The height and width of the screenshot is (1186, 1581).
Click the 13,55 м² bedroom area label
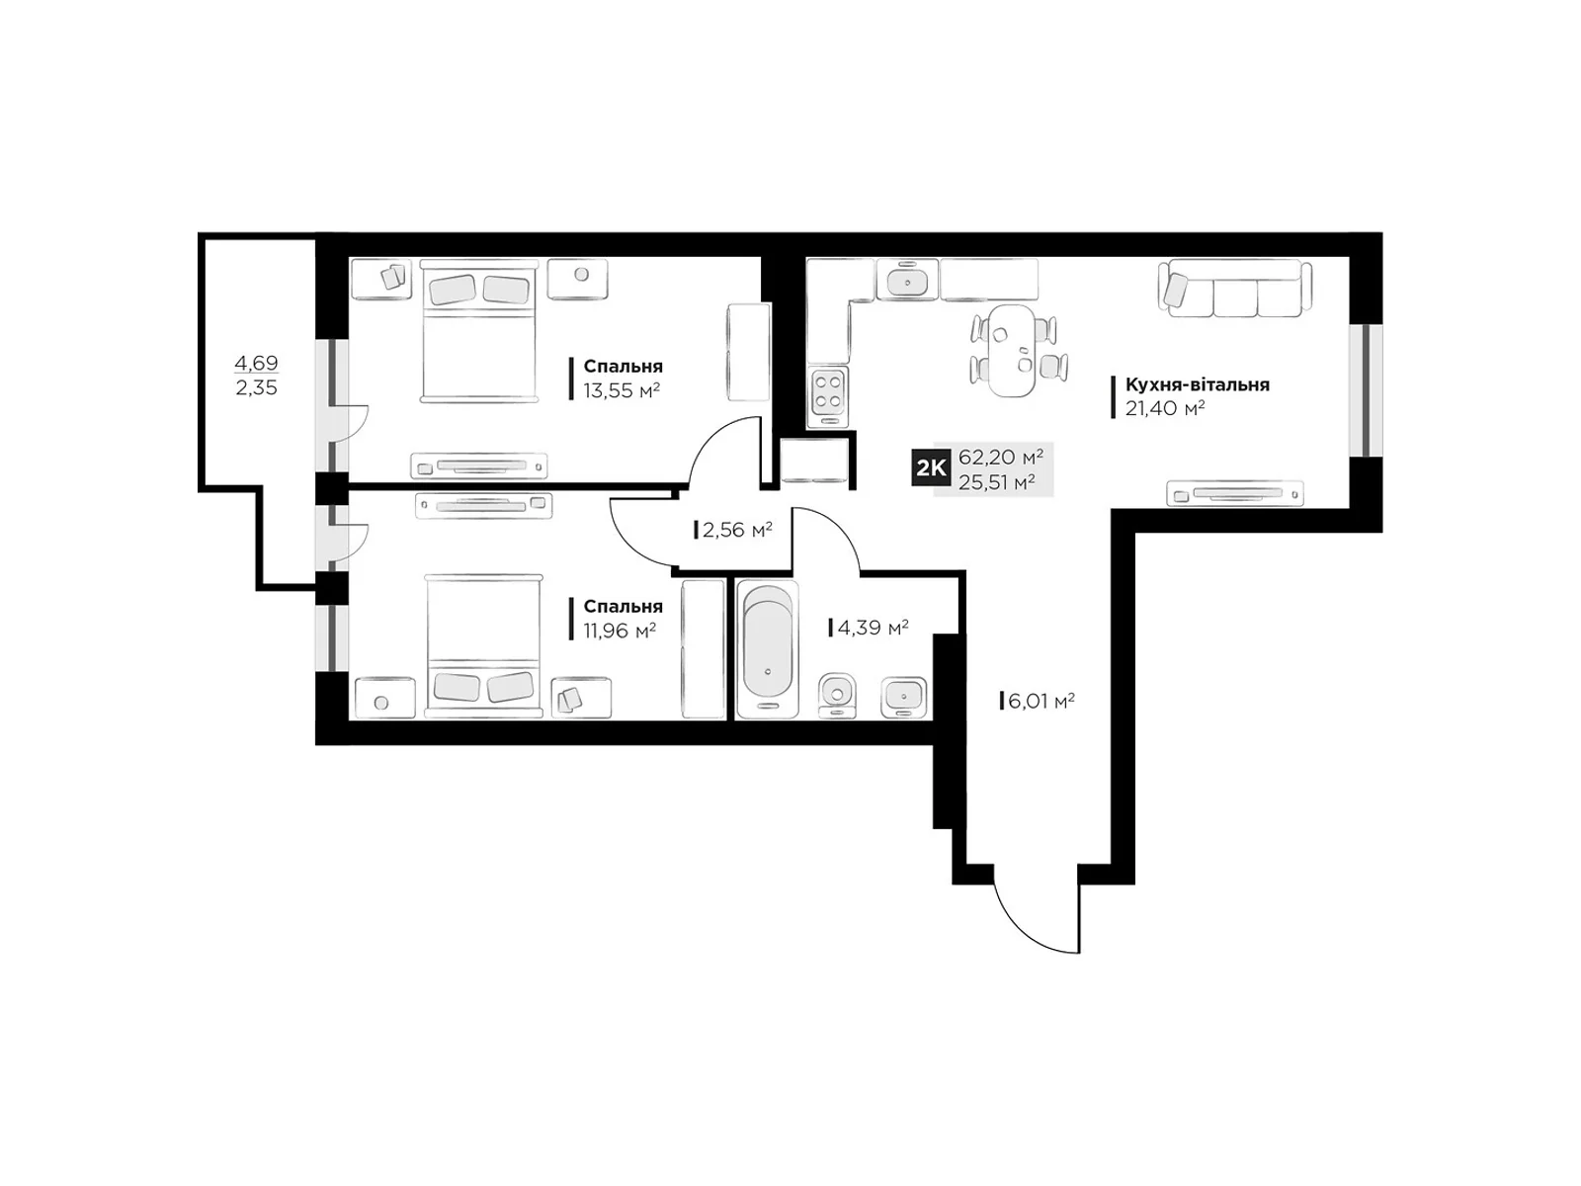pyautogui.click(x=621, y=390)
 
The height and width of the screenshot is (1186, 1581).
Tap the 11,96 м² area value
pyautogui.click(x=620, y=631)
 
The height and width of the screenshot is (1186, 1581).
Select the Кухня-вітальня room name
pyautogui.click(x=1197, y=384)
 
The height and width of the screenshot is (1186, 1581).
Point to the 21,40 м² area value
pyautogui.click(x=1165, y=408)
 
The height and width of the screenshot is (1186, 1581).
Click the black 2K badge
pyautogui.click(x=931, y=468)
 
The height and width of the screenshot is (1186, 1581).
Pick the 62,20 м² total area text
pyautogui.click(x=1000, y=458)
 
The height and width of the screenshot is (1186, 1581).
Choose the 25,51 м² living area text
pyautogui.click(x=997, y=481)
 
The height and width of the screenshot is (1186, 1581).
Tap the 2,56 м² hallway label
pyautogui.click(x=737, y=530)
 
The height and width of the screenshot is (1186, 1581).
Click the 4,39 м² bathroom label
pyautogui.click(x=873, y=628)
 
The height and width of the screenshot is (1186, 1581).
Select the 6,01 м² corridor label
pyautogui.click(x=1040, y=701)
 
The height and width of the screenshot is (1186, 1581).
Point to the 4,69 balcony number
pyautogui.click(x=256, y=362)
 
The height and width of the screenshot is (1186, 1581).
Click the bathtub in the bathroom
pyautogui.click(x=768, y=649)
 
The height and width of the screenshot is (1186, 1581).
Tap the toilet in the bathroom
pyautogui.click(x=837, y=697)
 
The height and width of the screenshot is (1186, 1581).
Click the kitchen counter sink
pyautogui.click(x=907, y=280)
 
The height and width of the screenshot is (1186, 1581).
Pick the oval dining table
pyautogui.click(x=1012, y=351)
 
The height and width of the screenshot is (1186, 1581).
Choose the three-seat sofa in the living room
pyautogui.click(x=1235, y=288)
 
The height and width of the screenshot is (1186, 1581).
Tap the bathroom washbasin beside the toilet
pyautogui.click(x=903, y=697)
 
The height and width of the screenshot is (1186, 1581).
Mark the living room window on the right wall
pyautogui.click(x=1366, y=390)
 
